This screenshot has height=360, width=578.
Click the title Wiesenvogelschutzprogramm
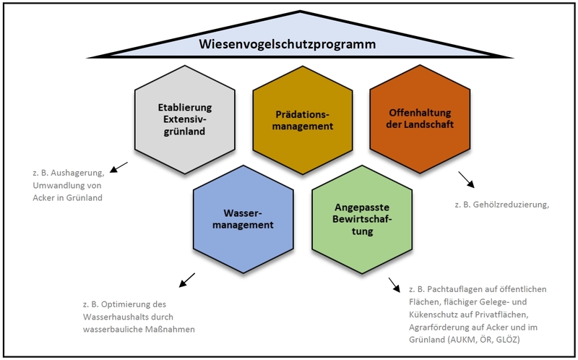point(288,45)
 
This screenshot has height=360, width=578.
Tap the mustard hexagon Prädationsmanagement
point(303,120)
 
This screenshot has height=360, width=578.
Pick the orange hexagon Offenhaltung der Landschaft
point(420,120)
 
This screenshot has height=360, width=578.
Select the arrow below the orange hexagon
point(465,179)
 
